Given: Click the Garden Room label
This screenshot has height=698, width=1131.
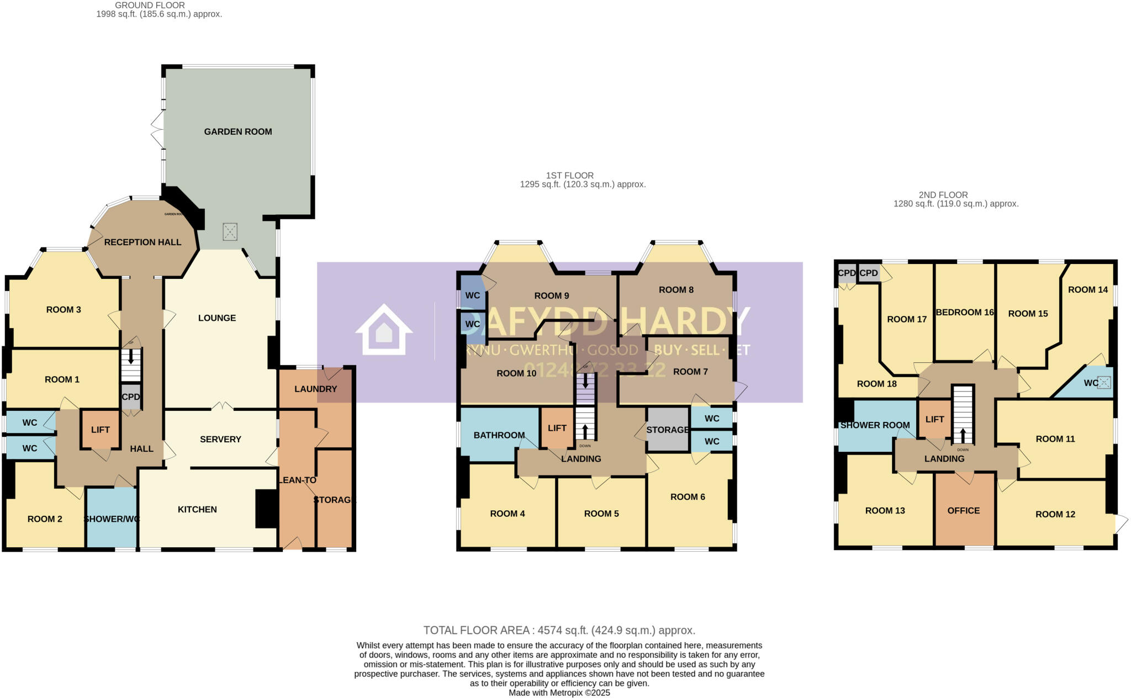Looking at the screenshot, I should coord(238,131).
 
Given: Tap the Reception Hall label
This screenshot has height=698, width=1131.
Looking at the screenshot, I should coord(142,242).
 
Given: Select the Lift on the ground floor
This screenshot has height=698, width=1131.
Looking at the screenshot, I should coord(100,430).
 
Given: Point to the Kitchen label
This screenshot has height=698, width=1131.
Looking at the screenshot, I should coord(197,509).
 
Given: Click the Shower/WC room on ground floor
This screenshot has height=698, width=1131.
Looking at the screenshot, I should coord(112,519).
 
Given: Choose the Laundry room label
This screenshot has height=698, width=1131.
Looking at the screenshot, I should coord(315,389).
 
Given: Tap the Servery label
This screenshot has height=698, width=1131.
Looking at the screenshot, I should coord(220,439).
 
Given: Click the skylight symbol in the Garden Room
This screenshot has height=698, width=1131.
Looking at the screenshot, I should coord(230,231).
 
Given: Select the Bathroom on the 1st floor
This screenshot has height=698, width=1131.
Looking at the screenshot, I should coord(499,435).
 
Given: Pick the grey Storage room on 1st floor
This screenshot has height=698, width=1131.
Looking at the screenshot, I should coord(668,430).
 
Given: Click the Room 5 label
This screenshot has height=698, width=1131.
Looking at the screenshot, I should coord(601,514).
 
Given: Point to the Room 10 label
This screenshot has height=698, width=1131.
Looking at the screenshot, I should coord(516,373).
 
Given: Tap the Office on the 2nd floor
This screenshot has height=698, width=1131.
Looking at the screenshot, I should coord(964,510).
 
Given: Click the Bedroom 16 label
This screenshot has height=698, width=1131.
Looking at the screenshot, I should coord(965,312).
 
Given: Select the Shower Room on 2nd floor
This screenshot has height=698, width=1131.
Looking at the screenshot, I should coord(875,425).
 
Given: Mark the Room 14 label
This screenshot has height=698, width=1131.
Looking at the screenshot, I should coord(1088,289).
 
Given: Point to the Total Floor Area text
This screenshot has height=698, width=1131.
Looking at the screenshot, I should coord(559,630).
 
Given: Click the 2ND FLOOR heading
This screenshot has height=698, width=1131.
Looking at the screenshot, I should coord(943,195).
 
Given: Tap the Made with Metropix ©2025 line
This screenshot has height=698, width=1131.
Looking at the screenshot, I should coord(559,692).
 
